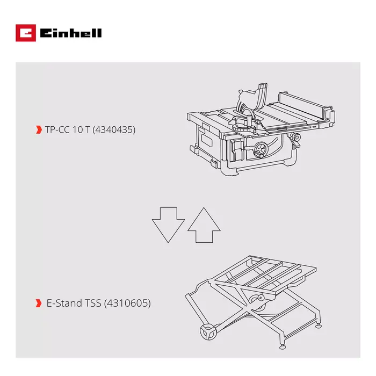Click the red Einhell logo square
pyautogui.click(x=26, y=33)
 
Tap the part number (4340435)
pyautogui.click(x=114, y=129)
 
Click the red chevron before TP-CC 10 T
pyautogui.click(x=38, y=129)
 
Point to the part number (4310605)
pyautogui.click(x=128, y=303)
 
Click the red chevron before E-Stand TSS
pyautogui.click(x=38, y=303)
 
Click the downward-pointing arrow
pyautogui.click(x=168, y=222)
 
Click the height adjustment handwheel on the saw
pyautogui.click(x=260, y=152)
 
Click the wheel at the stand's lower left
pyautogui.click(x=205, y=332)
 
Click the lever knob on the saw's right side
pyautogui.click(x=295, y=140)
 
